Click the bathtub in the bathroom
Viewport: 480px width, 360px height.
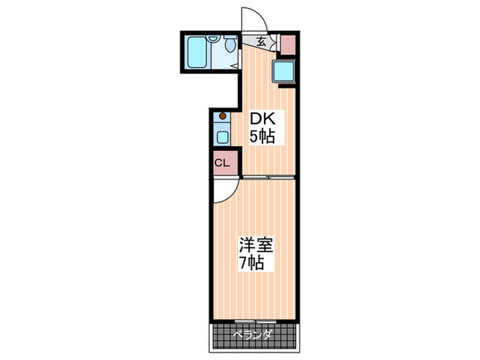pyautogui.click(x=197, y=51)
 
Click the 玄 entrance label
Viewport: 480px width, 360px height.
pyautogui.click(x=261, y=41)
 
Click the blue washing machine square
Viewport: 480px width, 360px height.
pyautogui.click(x=284, y=71)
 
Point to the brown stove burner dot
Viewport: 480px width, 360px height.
pyautogui.click(x=222, y=116)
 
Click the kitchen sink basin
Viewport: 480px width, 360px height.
pyautogui.click(x=222, y=136)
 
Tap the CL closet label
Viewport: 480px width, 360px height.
pyautogui.click(x=221, y=163)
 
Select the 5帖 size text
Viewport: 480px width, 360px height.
pyautogui.click(x=261, y=137)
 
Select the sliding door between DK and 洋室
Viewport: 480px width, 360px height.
pyautogui.click(x=268, y=177)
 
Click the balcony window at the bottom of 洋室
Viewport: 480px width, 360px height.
pyautogui.click(x=255, y=321)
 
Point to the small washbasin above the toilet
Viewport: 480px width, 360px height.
pyautogui.click(x=214, y=38)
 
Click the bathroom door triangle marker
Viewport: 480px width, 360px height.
pyautogui.click(x=235, y=66)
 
